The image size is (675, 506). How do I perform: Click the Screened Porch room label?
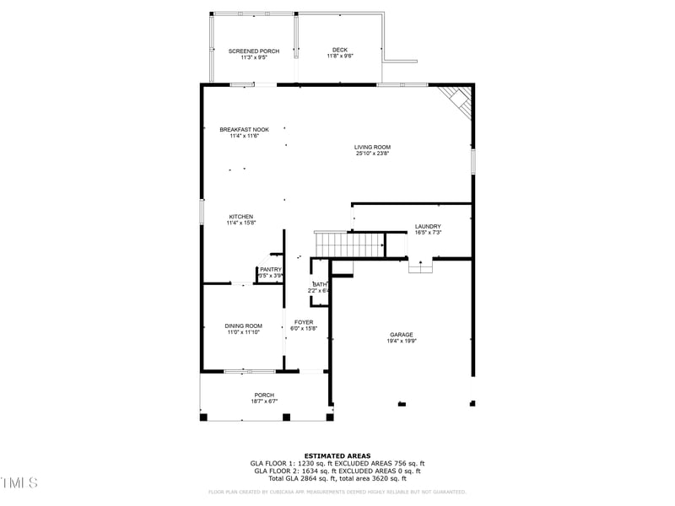coord(253,51)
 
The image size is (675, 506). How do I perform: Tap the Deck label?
coord(340,50)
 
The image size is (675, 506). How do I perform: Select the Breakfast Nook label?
coord(244,129)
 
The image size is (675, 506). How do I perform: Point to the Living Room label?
coord(372,147)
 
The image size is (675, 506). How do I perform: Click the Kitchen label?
coord(240,217)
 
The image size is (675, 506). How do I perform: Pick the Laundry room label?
coord(428,226)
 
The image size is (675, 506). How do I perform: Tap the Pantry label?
coord(270,269)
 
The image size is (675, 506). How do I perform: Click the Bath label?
coord(319,285)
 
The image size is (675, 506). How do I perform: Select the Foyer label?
coord(304,322)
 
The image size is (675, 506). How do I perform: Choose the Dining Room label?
coord(243,326)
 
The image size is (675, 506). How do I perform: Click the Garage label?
coord(401,335)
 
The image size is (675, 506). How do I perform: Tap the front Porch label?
coord(264,395)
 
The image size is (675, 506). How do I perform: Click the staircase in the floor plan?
coord(349,245)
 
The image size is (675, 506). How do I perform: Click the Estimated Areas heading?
coord(337,455)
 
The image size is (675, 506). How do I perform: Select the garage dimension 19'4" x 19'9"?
coord(401,342)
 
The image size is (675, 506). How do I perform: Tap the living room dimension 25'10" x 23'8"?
coord(372,153)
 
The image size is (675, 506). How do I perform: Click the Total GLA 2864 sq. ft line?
coord(337,477)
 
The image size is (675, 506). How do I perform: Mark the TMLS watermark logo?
coord(19,483)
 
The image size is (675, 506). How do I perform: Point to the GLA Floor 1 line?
coord(337,463)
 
